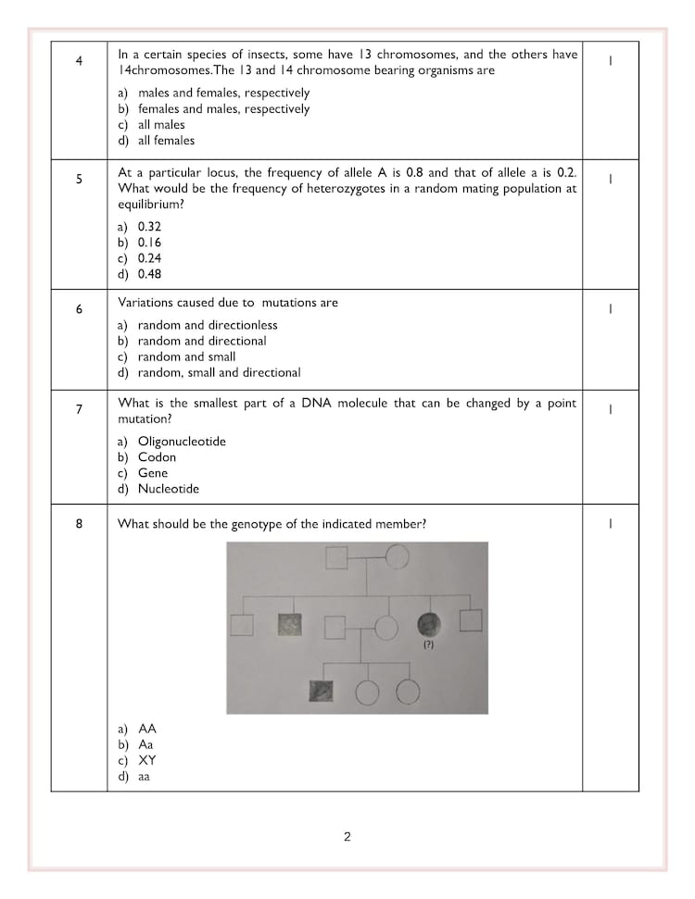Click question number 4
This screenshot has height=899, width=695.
[x=79, y=61]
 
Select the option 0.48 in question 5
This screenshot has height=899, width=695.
[x=149, y=274]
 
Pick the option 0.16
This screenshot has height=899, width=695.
[x=149, y=243]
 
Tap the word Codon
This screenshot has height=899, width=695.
[x=157, y=457]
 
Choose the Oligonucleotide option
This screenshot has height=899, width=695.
[x=182, y=442]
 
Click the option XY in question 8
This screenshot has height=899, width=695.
[x=147, y=760]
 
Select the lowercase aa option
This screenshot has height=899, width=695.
[x=144, y=777]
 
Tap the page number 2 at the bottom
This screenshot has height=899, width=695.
[x=347, y=837]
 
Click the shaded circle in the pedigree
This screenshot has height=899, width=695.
[x=429, y=623]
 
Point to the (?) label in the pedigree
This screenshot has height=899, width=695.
[x=428, y=644]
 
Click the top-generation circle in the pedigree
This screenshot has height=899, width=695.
[x=398, y=557]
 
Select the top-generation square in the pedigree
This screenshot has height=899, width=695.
[x=335, y=557]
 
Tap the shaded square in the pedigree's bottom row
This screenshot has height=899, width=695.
[x=322, y=691]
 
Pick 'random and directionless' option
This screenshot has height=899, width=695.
[x=208, y=325]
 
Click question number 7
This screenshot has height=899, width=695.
[x=79, y=408]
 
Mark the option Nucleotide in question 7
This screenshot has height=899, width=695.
[x=169, y=489]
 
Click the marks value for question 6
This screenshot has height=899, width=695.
[x=610, y=309]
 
